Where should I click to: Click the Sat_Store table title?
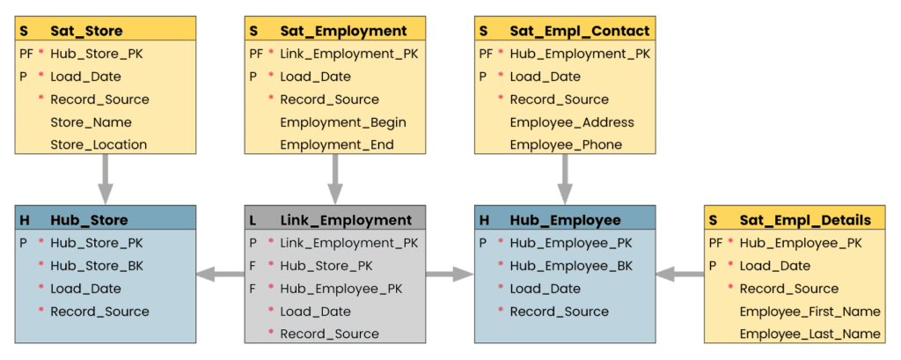pyautogui.click(x=86, y=31)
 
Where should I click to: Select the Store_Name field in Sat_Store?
pyautogui.click(x=91, y=122)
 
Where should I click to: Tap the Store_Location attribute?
pyautogui.click(x=99, y=144)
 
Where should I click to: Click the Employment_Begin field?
pyautogui.click(x=343, y=122)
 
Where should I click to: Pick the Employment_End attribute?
pyautogui.click(x=337, y=144)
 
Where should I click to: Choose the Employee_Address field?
pyautogui.click(x=572, y=122)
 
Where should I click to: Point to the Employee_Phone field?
pyautogui.click(x=566, y=144)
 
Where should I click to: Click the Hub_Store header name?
pyautogui.click(x=89, y=220)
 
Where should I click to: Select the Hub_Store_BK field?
pyautogui.click(x=97, y=265)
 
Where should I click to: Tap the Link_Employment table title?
pyautogui.click(x=346, y=220)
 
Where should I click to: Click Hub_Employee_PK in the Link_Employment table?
pyautogui.click(x=341, y=288)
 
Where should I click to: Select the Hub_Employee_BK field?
pyautogui.click(x=571, y=265)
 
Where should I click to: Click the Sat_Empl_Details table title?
pyautogui.click(x=805, y=220)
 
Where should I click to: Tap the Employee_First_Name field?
pyautogui.click(x=809, y=311)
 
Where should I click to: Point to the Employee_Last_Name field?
pyautogui.click(x=809, y=334)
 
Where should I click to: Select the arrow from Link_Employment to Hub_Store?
pyautogui.click(x=219, y=276)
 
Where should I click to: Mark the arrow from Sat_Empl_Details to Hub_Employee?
pyautogui.click(x=680, y=276)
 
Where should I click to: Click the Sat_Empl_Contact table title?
pyautogui.click(x=579, y=31)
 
